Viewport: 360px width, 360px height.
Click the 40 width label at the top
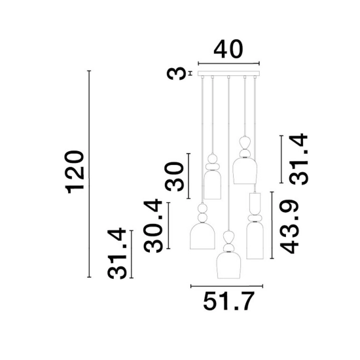coord(228,49)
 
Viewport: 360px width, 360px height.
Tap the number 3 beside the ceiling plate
coord(176,73)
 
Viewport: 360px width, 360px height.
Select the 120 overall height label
coord(75,172)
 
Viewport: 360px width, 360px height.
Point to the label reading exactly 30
coord(175,177)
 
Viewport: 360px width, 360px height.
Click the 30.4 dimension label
coord(153,226)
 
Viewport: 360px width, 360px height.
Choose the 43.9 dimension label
coord(289,227)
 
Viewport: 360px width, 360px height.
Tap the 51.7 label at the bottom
coord(228,301)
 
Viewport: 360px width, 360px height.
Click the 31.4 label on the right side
coord(298,159)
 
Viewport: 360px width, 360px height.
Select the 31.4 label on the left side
coord(117,253)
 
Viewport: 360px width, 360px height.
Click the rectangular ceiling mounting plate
coord(228,73)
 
